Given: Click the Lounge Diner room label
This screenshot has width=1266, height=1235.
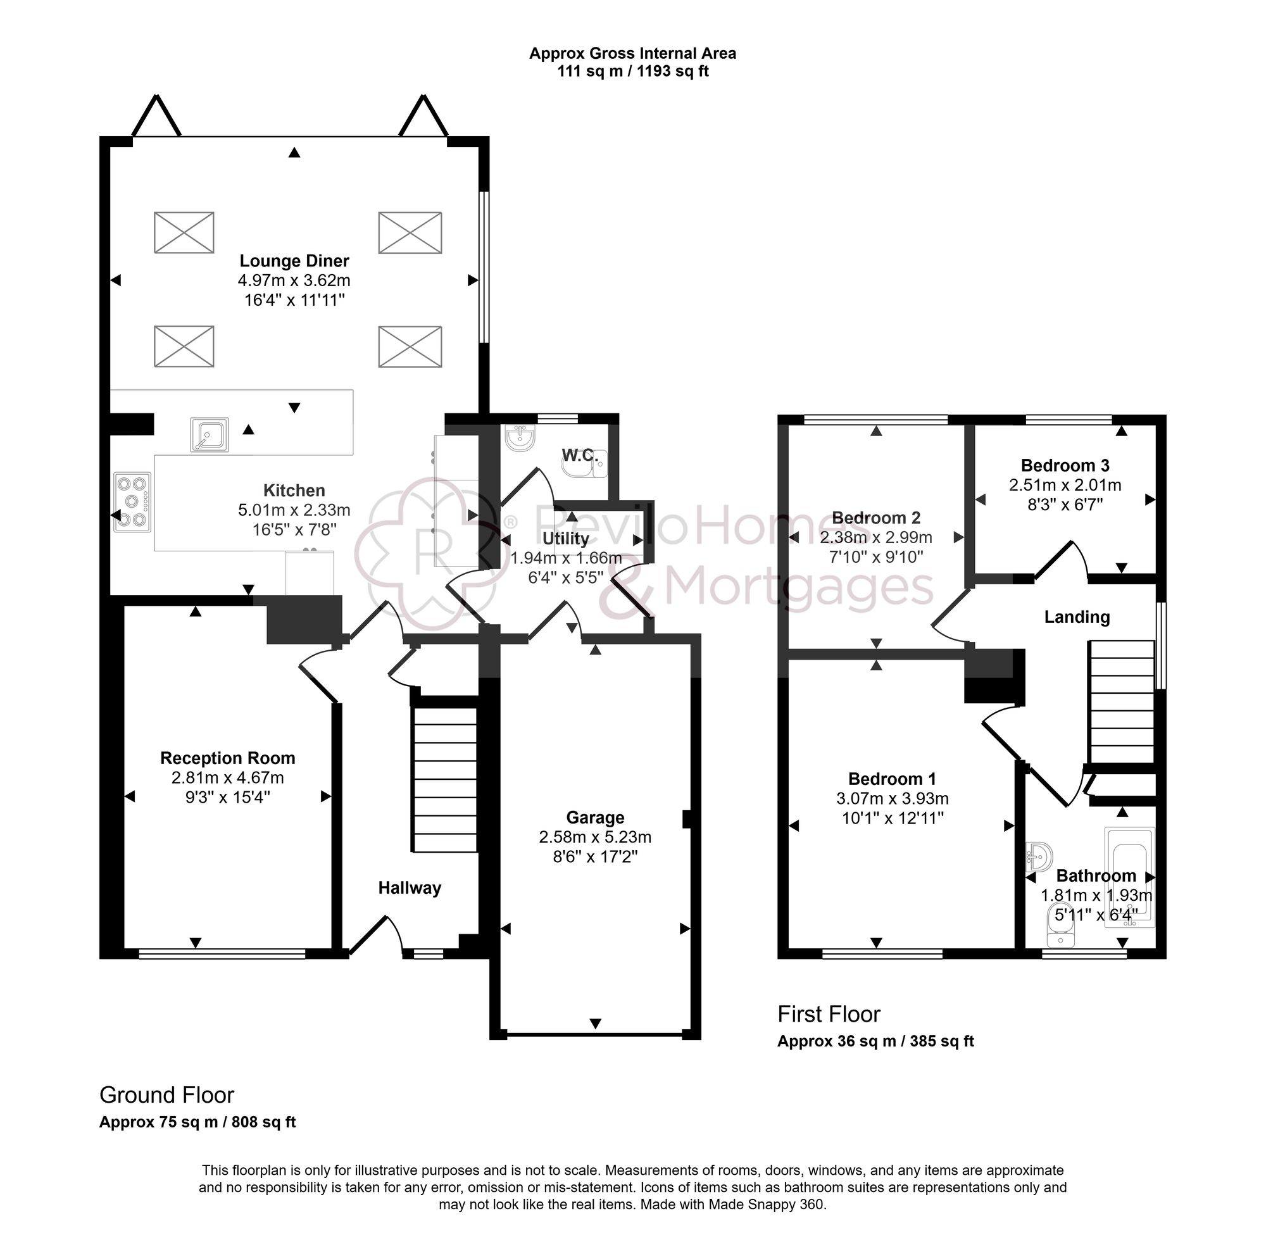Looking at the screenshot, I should tap(294, 261).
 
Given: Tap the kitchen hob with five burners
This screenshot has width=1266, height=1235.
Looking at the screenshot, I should tap(132, 502).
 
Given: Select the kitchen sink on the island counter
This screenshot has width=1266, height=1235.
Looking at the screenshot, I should tap(210, 434).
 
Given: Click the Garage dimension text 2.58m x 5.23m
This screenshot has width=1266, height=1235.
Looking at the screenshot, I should tap(595, 837).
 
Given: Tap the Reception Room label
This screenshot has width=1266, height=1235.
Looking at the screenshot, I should tap(228, 758).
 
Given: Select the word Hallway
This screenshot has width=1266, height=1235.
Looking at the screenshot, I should tap(410, 887).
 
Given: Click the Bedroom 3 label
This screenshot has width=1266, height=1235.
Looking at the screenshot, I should tap(1064, 465).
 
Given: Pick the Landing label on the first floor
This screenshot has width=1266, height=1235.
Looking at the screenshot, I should tap(1076, 617).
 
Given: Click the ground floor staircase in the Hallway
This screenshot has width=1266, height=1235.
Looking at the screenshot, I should tap(445, 779).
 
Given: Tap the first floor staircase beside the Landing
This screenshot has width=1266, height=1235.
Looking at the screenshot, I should tap(1122, 702).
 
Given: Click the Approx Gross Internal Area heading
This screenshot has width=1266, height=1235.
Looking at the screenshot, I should tap(632, 53).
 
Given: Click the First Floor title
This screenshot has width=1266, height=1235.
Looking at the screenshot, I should tap(828, 1013).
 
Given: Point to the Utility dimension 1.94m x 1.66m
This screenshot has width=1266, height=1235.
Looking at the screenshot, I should tap(565, 558).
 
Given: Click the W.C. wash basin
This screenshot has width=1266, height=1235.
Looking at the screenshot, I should tap(520, 438).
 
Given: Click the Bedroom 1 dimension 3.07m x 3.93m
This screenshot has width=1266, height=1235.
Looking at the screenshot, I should tap(892, 798).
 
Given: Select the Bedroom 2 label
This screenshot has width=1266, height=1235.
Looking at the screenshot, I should tap(875, 518).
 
